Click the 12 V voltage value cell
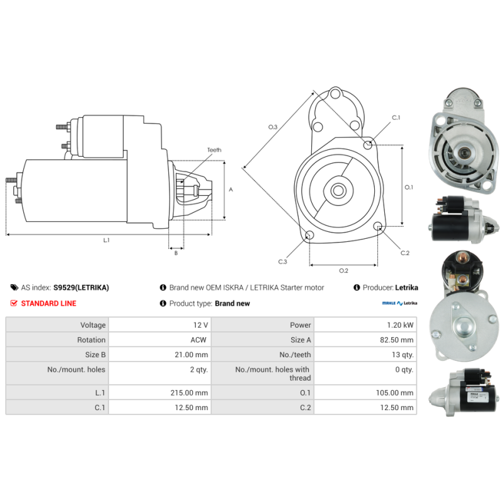coord(200,325)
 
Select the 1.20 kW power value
coord(401,325)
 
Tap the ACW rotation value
coord(199,340)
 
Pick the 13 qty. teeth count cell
coord(401,355)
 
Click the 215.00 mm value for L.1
coord(193,392)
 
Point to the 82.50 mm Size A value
coord(398,340)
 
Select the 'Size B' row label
coord(95,355)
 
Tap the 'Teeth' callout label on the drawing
coord(214,150)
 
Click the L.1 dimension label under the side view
coord(106,240)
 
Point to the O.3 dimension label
coord(273,127)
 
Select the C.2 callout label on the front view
coord(405,253)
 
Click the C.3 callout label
coord(282,261)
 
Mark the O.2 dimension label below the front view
coord(343,271)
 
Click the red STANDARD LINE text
coord(49,303)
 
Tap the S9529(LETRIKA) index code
coord(81,287)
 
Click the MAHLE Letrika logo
coord(400,303)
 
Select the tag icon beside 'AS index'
coord(14,287)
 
